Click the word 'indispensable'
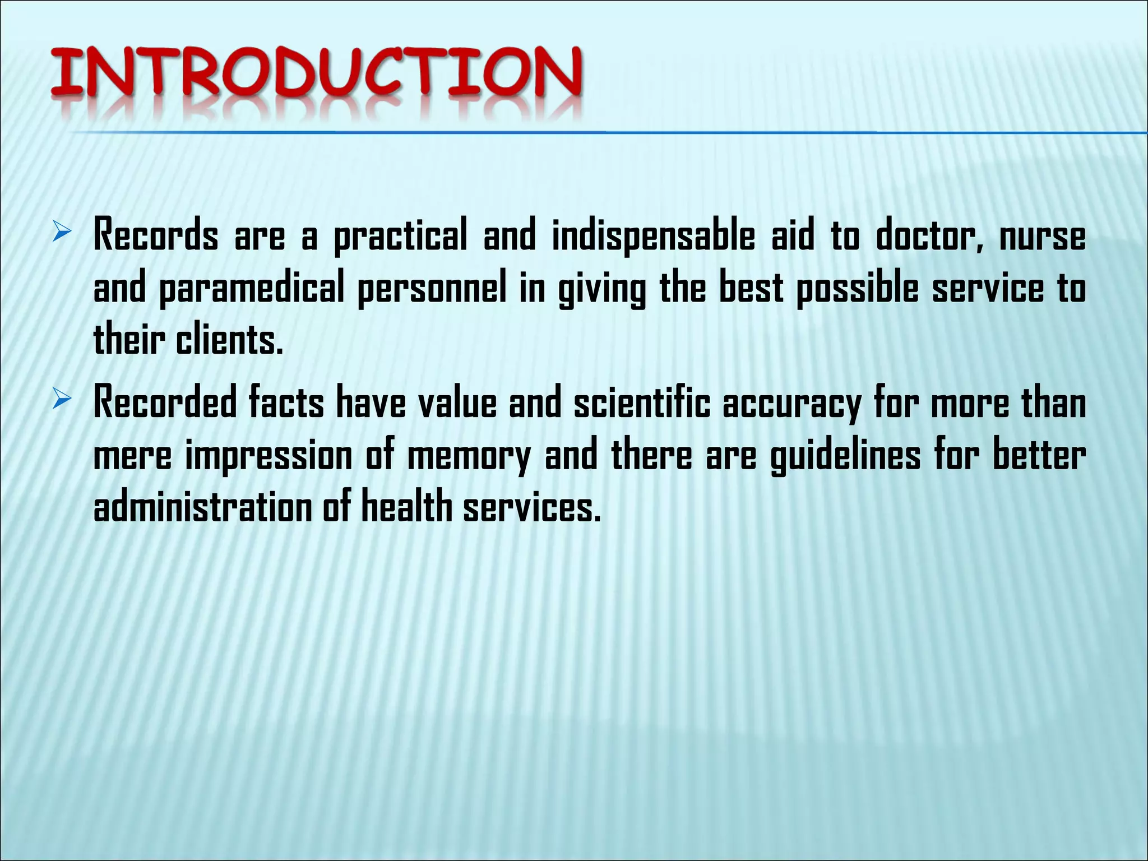(654, 235)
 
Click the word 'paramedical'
(252, 289)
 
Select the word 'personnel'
(432, 289)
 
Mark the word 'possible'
(858, 289)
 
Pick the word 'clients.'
(229, 341)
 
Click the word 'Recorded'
(165, 402)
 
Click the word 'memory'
(469, 456)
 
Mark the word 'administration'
(202, 507)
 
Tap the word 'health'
(406, 507)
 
